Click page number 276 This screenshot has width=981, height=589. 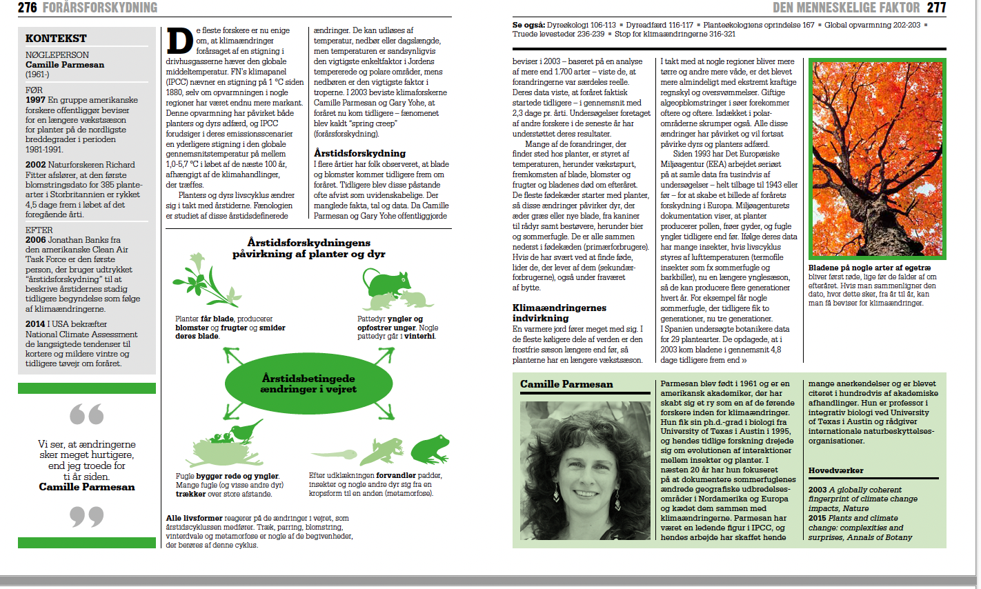point(28,8)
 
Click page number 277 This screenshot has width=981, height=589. point(936,8)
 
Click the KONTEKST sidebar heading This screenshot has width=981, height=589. point(56,39)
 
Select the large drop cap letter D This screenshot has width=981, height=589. point(179,41)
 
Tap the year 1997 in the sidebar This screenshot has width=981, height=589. point(35,100)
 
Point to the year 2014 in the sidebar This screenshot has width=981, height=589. point(35,324)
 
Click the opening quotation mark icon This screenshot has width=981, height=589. point(87,415)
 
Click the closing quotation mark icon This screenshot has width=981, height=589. point(87,516)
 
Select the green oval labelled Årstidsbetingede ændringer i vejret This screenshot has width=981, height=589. point(308,383)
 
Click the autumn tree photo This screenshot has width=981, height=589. point(877,159)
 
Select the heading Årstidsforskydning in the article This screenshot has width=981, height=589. point(359,153)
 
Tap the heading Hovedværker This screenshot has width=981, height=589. point(835,470)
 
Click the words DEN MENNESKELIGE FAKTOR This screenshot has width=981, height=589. point(846,8)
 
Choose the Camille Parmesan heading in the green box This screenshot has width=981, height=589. point(566,384)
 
